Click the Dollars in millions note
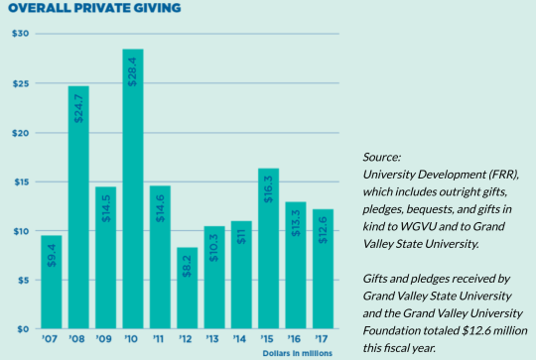(x=298, y=352)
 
